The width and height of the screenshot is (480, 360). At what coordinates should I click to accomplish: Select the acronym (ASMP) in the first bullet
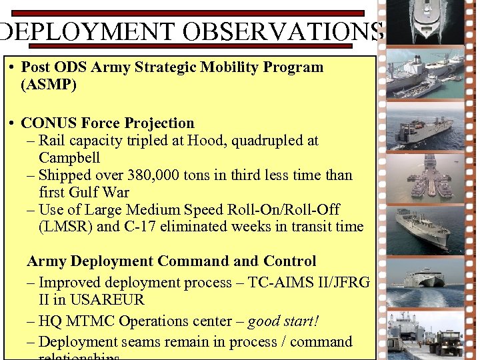tap(49, 85)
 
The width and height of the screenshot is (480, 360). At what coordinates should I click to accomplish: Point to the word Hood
tap(206, 141)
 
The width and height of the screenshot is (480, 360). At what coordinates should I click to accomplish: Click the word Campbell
tap(69, 158)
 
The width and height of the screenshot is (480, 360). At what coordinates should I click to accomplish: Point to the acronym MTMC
tap(93, 321)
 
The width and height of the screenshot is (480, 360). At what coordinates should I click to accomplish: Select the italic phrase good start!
tap(283, 321)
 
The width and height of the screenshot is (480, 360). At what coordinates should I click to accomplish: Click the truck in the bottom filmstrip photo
tap(445, 342)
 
